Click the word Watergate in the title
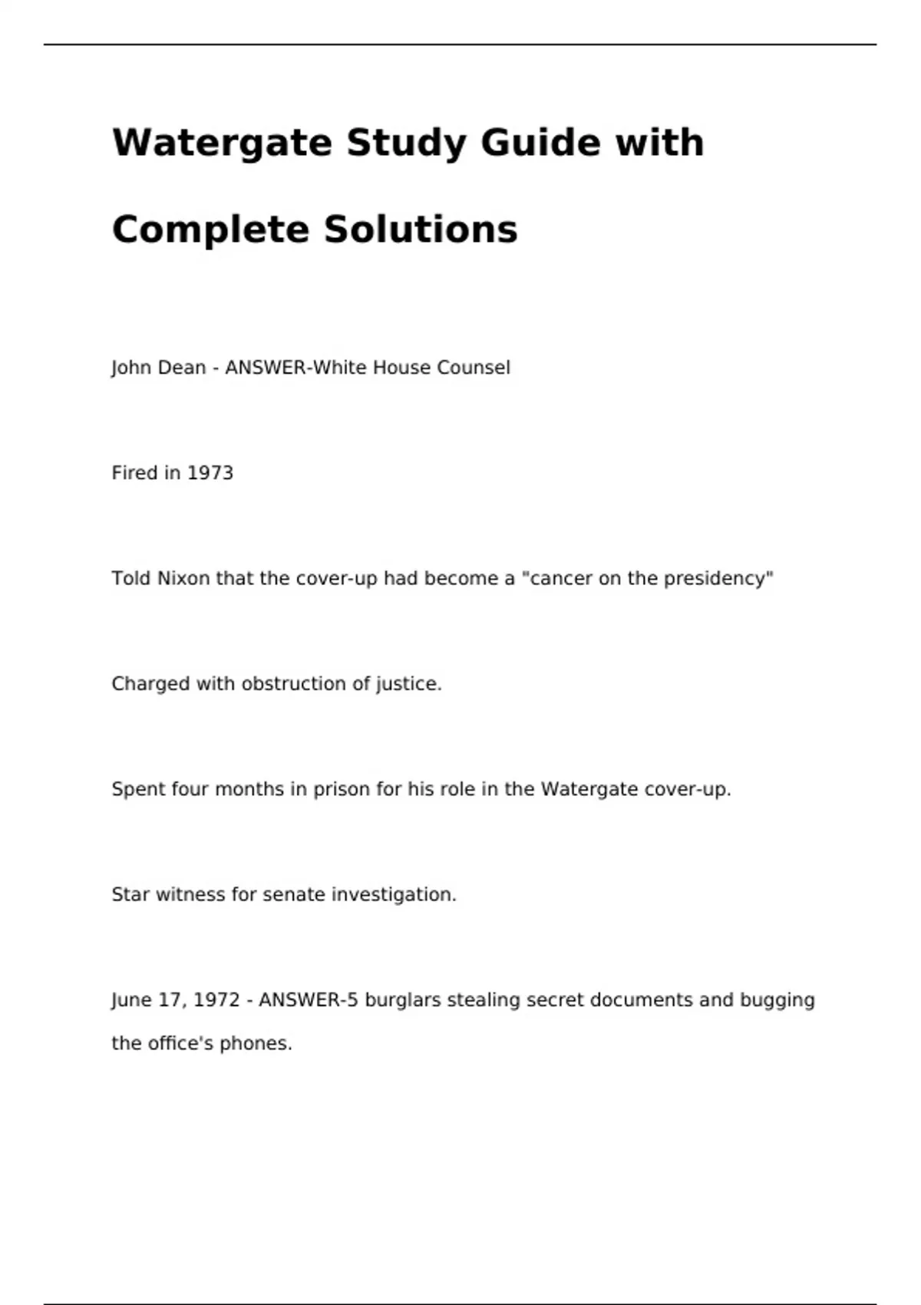pos(222,144)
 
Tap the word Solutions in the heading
pos(420,230)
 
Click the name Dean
pos(182,368)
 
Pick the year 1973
pos(210,473)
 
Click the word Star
pos(130,894)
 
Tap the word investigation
pos(394,895)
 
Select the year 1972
pos(216,1000)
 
